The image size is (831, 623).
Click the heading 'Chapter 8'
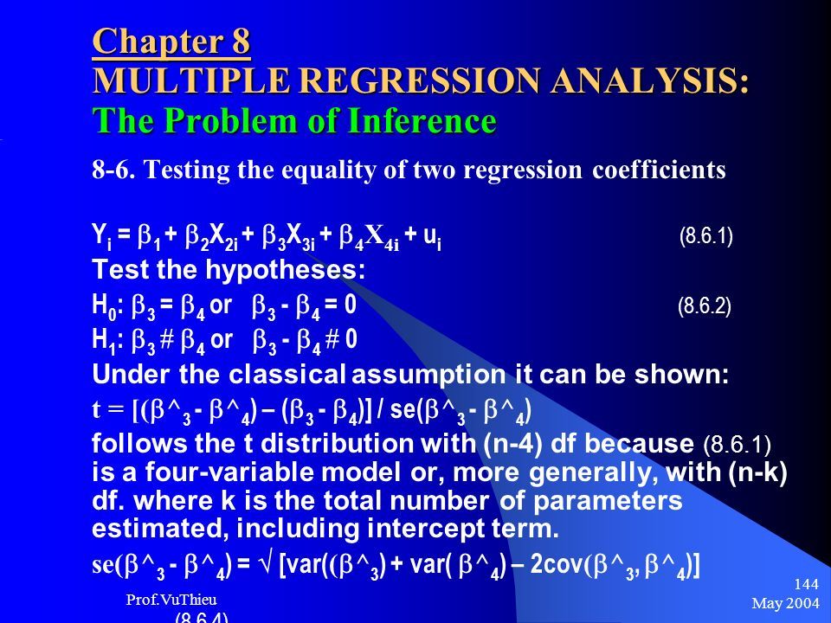171,42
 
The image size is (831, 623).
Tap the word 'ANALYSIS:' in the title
650,81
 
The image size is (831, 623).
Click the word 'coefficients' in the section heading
659,170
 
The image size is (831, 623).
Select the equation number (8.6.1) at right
706,236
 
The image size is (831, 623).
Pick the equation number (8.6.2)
705,306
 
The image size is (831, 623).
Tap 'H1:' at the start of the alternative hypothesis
107,340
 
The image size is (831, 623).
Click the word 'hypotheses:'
285,270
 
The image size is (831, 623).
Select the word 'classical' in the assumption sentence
287,374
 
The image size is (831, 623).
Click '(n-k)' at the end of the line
757,472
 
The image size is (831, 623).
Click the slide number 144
807,584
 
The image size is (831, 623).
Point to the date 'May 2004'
785,603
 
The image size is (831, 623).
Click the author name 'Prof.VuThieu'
171,600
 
